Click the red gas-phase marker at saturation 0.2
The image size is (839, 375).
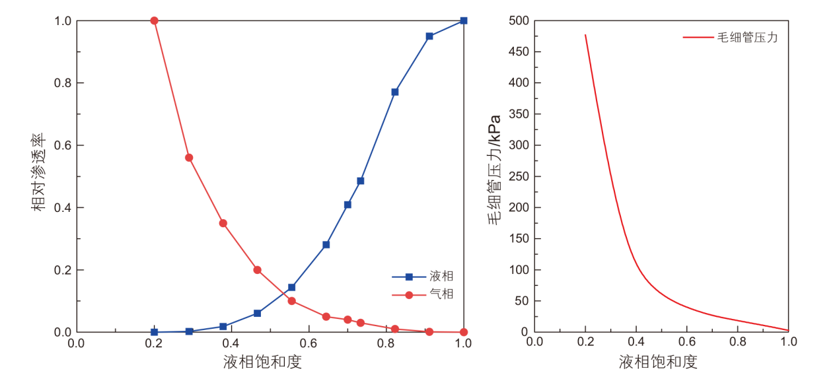(x=154, y=20)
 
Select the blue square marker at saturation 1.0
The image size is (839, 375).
(x=464, y=20)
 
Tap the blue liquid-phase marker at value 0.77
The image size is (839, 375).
(x=394, y=92)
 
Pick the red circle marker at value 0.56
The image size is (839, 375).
(x=189, y=158)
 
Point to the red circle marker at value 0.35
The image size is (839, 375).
(x=223, y=223)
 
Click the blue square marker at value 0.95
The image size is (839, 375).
(x=429, y=36)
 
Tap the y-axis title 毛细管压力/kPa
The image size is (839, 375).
(x=494, y=170)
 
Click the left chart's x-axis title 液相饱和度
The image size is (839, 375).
(x=262, y=362)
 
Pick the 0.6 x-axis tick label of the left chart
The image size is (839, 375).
(x=309, y=343)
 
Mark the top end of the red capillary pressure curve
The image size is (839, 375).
(x=585, y=35)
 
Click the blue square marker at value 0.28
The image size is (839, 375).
(x=326, y=244)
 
